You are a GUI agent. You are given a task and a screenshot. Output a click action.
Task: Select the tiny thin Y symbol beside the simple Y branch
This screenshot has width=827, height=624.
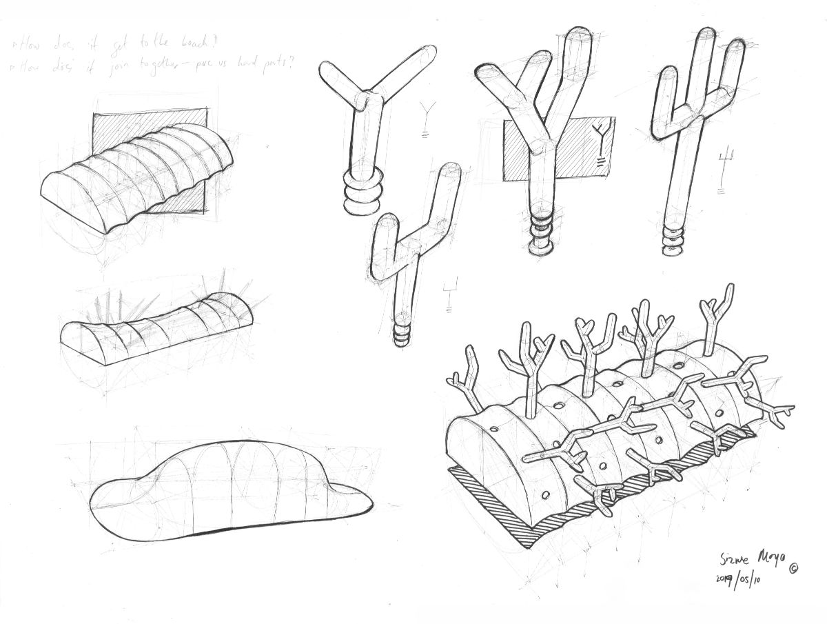pos(424,117)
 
